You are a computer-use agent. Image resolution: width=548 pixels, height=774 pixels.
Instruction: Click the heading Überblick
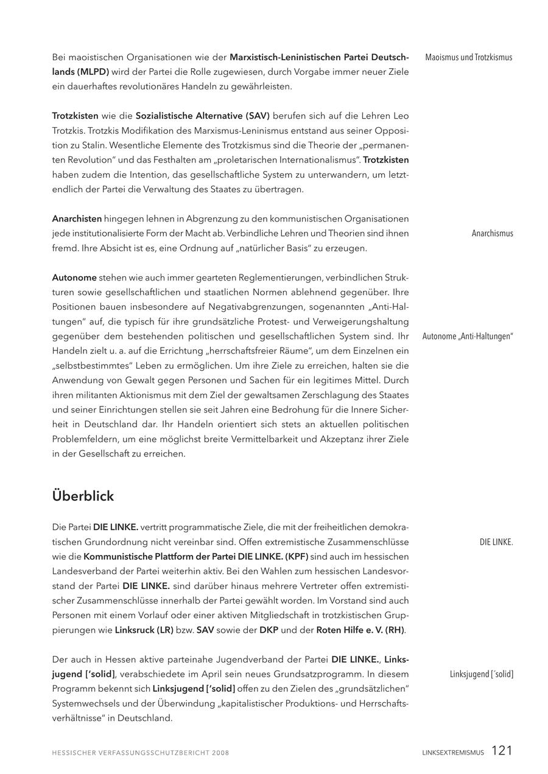83,497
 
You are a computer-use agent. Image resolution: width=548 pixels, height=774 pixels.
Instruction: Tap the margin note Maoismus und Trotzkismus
468,58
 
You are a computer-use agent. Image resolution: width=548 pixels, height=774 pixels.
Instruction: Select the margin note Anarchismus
492,234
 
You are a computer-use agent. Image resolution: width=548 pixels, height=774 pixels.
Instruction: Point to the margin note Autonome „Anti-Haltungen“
468,336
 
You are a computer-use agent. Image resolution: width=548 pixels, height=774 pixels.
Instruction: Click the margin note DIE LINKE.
496,542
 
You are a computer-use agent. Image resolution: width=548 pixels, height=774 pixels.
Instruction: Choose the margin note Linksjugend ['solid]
481,674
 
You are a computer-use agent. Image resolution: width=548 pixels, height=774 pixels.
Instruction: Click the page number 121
502,751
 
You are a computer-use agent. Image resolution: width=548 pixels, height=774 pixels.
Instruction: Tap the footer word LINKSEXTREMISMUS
453,753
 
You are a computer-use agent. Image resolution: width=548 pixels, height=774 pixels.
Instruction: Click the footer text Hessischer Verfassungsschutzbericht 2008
141,753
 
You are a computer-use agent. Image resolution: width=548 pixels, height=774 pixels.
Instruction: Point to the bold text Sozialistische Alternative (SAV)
202,116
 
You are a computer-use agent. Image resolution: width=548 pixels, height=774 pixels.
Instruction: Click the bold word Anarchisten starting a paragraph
77,219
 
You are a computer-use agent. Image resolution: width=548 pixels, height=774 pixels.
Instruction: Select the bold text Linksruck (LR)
144,630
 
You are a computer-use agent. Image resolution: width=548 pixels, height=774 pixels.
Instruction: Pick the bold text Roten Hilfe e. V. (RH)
360,630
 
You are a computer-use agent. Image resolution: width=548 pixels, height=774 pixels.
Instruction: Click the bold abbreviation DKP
269,630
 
